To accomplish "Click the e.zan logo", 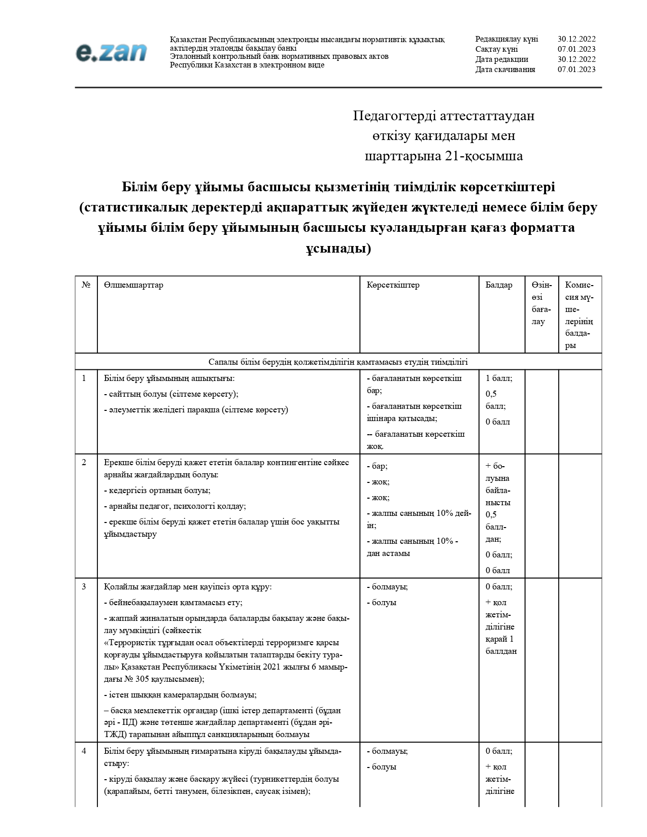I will pyautogui.click(x=111, y=53).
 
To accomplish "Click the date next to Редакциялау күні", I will pyautogui.click(x=576, y=39).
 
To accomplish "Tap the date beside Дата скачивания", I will pyautogui.click(x=576, y=69).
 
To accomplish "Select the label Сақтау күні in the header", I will pyautogui.click(x=496, y=49).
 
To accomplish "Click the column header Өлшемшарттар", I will pyautogui.click(x=133, y=285).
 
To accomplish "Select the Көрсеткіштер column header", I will pyautogui.click(x=393, y=285).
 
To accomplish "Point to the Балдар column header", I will pyautogui.click(x=499, y=285).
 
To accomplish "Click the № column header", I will pyautogui.click(x=86, y=285).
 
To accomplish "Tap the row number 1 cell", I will pyautogui.click(x=84, y=378).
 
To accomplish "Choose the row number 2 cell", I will pyautogui.click(x=84, y=462).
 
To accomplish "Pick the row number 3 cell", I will pyautogui.click(x=84, y=587).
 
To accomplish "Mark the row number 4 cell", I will pyautogui.click(x=84, y=751).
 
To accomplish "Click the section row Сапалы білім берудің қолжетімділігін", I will pyautogui.click(x=338, y=362).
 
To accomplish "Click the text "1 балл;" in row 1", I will pyautogui.click(x=499, y=378).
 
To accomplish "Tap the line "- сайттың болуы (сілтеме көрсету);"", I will pyautogui.click(x=171, y=394).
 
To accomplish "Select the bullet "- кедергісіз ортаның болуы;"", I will pyautogui.click(x=157, y=491).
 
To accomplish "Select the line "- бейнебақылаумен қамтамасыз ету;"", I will pyautogui.click(x=173, y=603).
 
